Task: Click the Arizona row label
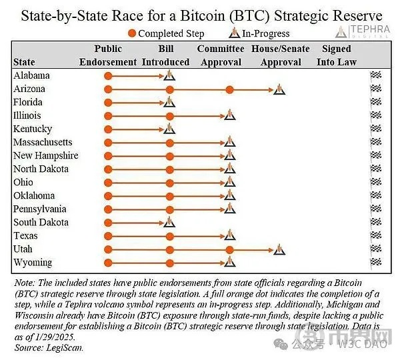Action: pyautogui.click(x=29, y=89)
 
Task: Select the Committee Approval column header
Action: pyautogui.click(x=221, y=55)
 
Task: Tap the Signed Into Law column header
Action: pyautogui.click(x=337, y=55)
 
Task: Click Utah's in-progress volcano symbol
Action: pyautogui.click(x=279, y=249)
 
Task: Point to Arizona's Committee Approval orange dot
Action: pyautogui.click(x=229, y=89)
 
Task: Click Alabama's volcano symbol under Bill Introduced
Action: pyautogui.click(x=169, y=75)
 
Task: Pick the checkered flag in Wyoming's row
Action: pyautogui.click(x=376, y=262)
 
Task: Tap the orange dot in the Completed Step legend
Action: pyautogui.click(x=132, y=33)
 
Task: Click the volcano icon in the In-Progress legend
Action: pyautogui.click(x=234, y=33)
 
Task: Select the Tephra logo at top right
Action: pyautogui.click(x=363, y=31)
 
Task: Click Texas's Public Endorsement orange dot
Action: pyautogui.click(x=108, y=236)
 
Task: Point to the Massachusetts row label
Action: pyautogui.click(x=43, y=142)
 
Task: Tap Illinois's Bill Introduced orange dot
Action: pyautogui.click(x=169, y=117)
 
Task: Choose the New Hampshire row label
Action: pyautogui.click(x=46, y=155)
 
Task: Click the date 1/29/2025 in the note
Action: pyautogui.click(x=55, y=337)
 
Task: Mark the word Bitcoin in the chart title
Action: pyautogui.click(x=203, y=15)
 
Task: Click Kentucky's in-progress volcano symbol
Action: pyautogui.click(x=169, y=129)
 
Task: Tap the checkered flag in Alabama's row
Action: pyautogui.click(x=376, y=75)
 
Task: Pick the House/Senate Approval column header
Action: pyautogui.click(x=281, y=55)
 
